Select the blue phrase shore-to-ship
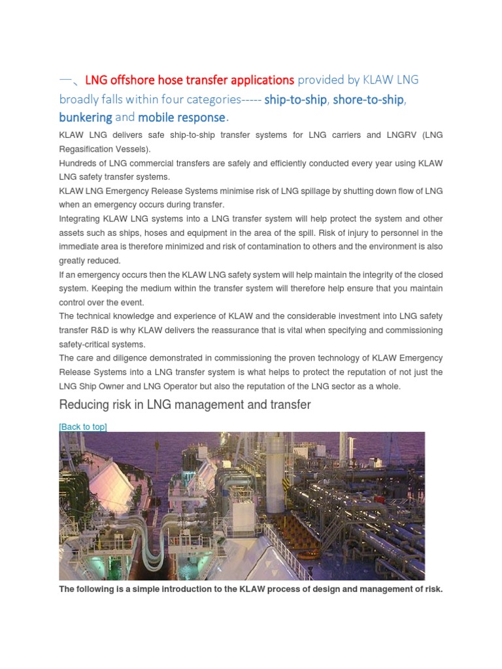pos(369,99)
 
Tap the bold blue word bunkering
pos(86,118)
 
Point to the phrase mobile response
pos(182,118)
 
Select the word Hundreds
pos(78,163)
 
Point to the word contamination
pos(281,246)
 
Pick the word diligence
pos(138,358)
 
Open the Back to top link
pos(83,427)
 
